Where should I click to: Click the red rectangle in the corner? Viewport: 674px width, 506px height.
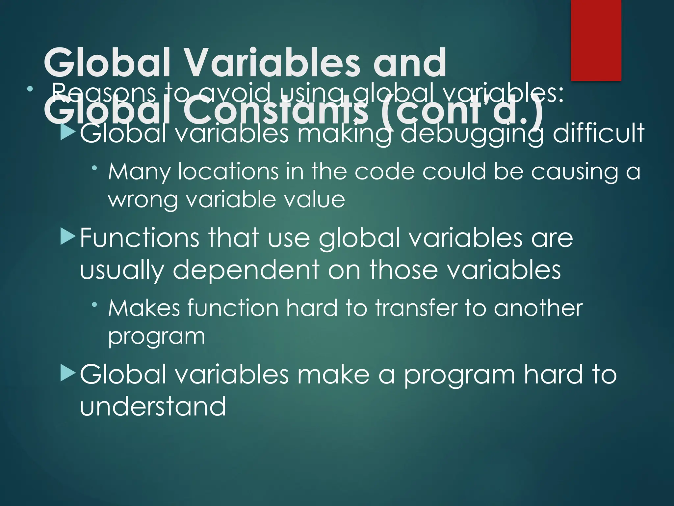[x=596, y=40]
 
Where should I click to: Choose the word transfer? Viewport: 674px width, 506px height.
[x=416, y=308]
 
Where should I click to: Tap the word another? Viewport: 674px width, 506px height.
[x=538, y=308]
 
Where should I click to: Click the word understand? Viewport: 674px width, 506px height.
[x=153, y=406]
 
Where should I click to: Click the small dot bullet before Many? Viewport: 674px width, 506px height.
[x=95, y=168]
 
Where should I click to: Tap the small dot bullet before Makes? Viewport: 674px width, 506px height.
[x=95, y=305]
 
